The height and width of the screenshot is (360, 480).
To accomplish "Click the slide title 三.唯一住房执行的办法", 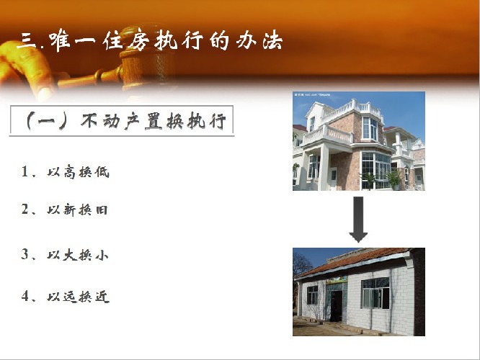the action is [150, 40].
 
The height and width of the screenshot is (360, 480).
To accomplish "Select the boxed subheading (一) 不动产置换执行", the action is [122, 120].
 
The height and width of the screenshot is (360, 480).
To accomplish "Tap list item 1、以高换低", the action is [65, 172].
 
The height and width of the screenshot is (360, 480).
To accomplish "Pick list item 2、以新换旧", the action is [65, 210].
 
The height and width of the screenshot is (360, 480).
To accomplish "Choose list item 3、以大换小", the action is [65, 254].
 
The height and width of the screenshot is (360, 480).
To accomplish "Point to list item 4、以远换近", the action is [65, 296].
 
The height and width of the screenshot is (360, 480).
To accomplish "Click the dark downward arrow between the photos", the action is [358, 219].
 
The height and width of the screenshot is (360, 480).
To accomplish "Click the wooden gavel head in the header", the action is [144, 58].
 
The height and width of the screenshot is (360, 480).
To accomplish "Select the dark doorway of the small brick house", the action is [336, 305].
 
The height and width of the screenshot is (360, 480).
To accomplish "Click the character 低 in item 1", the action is [102, 172].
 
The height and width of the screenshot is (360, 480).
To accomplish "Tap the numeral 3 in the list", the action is [25, 254].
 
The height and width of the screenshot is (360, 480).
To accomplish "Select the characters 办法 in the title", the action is [259, 40].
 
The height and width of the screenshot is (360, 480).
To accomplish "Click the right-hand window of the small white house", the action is [375, 293].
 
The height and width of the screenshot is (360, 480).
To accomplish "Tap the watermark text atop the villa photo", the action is [312, 95].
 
